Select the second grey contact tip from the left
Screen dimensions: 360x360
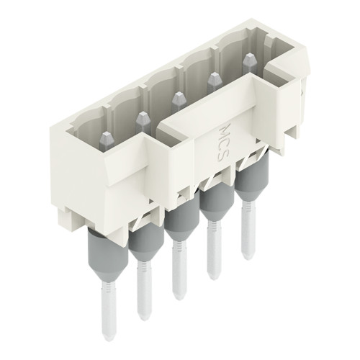[x=140, y=116]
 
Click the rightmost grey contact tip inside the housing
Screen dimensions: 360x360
[x=248, y=60]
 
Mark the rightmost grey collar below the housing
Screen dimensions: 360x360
[x=248, y=184]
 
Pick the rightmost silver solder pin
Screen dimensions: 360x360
[x=249, y=230]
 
